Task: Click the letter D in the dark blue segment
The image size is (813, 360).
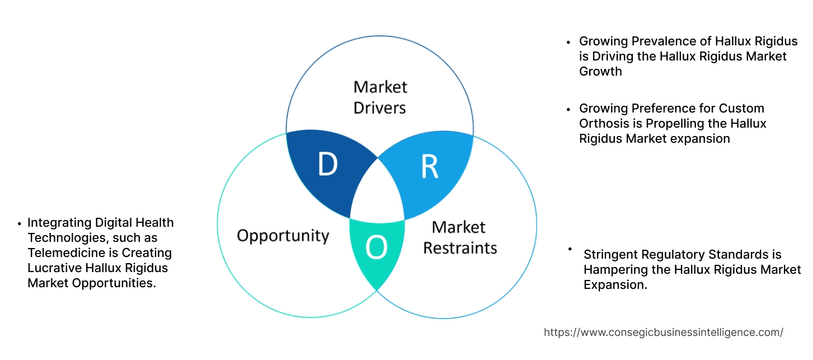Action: (x=327, y=165)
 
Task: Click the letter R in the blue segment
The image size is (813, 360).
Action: (x=430, y=166)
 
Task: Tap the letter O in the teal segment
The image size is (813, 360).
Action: (x=377, y=249)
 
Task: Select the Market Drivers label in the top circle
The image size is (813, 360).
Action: (x=380, y=97)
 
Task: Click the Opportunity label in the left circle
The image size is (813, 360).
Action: (x=283, y=235)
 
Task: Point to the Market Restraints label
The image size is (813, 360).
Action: (x=460, y=237)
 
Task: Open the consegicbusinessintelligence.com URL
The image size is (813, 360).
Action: (x=663, y=333)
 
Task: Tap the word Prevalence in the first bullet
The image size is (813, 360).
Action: (x=656, y=41)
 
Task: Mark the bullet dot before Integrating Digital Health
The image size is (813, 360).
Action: (x=20, y=223)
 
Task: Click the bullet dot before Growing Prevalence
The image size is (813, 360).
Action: (x=569, y=42)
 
